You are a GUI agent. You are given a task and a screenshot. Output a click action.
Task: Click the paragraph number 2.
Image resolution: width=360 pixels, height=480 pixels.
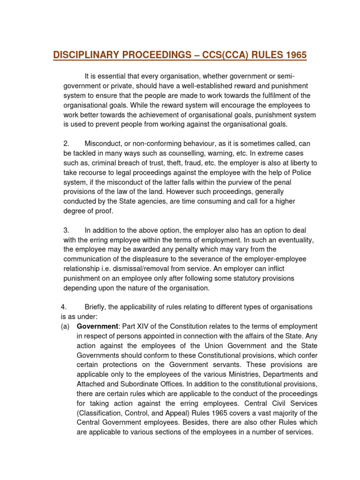[x=66, y=143]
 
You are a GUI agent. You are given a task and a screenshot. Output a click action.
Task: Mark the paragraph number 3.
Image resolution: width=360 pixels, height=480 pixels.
[x=66, y=230]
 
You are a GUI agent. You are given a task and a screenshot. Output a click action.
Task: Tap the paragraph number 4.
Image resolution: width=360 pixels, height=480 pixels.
[x=63, y=307]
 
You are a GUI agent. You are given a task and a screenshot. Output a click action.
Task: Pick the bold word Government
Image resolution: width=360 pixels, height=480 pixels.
[x=98, y=326]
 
